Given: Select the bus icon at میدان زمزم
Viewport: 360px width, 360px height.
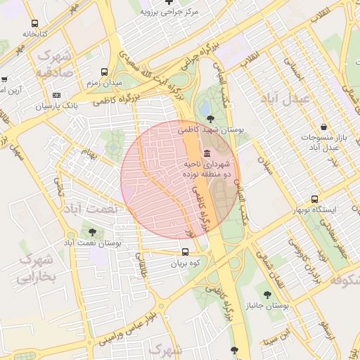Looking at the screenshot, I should pos(104,72).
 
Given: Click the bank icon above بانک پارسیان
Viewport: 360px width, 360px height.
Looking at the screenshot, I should pos(57,95).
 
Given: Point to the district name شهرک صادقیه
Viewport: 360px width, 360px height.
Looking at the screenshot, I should pos(55,63).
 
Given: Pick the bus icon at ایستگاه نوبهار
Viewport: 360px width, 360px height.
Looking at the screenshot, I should pos(315,200).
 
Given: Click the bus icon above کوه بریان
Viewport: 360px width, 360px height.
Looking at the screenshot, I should pos(185,252).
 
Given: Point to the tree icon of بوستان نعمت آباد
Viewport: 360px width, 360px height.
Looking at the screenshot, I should pos(92,232).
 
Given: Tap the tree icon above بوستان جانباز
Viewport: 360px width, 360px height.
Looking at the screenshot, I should pos(267,295).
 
